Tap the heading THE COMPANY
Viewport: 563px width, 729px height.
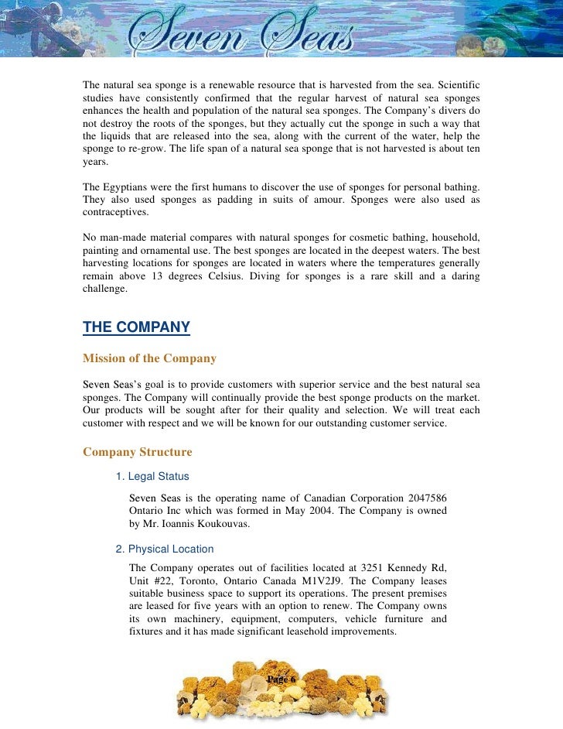pos(136,327)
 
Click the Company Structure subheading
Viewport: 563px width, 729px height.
pos(137,452)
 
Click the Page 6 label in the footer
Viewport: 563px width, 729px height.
pos(281,679)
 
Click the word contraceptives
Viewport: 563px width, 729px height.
pos(117,212)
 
